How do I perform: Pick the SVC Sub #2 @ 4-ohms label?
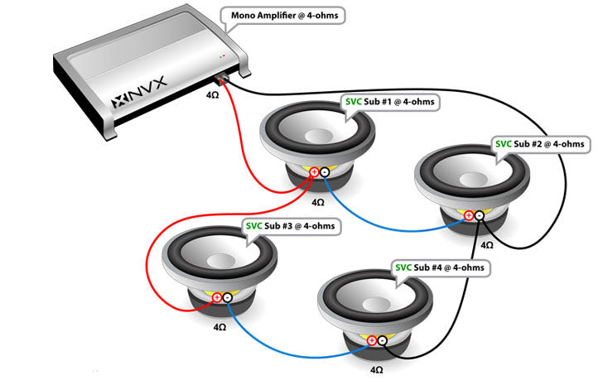pos(539,143)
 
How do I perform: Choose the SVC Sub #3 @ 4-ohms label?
pos(290,225)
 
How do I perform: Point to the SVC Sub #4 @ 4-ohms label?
pos(439,268)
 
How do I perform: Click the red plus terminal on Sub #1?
pos(315,172)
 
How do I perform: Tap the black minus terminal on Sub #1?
pos(325,172)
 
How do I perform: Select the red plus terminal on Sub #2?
pos(469,217)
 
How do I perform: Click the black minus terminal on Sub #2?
pos(479,217)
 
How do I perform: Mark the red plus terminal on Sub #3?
pos(217,297)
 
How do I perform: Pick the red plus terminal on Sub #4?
pos(372,340)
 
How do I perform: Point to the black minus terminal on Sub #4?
pos(382,340)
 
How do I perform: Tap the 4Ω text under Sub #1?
pos(318,201)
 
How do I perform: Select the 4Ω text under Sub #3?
pos(219,327)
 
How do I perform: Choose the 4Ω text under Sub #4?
pos(377,370)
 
